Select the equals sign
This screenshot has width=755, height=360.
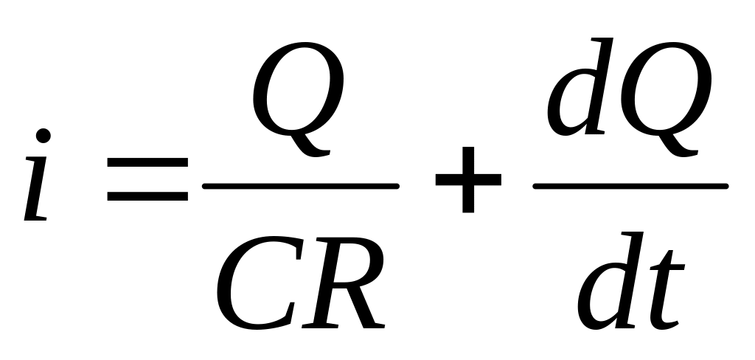pos(147,183)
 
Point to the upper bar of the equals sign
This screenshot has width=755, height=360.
pos(147,169)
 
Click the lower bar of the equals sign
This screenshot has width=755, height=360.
pos(147,197)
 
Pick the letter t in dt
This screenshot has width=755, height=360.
pos(664,291)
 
